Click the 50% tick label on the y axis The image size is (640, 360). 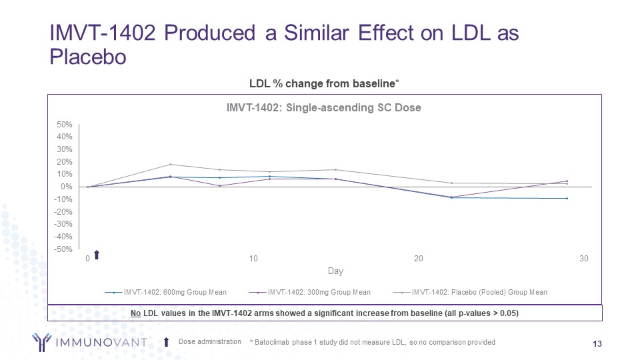[64, 125]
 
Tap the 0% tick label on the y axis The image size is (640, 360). [66, 187]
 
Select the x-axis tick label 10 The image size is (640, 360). [253, 259]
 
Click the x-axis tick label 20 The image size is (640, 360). [419, 259]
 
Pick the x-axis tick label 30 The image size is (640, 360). [584, 259]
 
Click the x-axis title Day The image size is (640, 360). [335, 271]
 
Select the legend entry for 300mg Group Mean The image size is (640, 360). [319, 292]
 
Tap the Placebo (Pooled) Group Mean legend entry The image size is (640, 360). [479, 292]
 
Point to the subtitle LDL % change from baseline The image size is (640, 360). [323, 83]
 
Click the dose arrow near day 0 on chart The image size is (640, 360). [97, 254]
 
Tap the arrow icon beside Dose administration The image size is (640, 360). [167, 342]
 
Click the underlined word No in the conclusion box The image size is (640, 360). [136, 313]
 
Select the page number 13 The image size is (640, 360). [597, 343]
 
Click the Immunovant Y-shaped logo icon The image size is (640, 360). [45, 342]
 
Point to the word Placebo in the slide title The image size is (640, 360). [89, 57]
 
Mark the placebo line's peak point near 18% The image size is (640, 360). [170, 164]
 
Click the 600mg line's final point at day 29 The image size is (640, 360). [567, 198]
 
